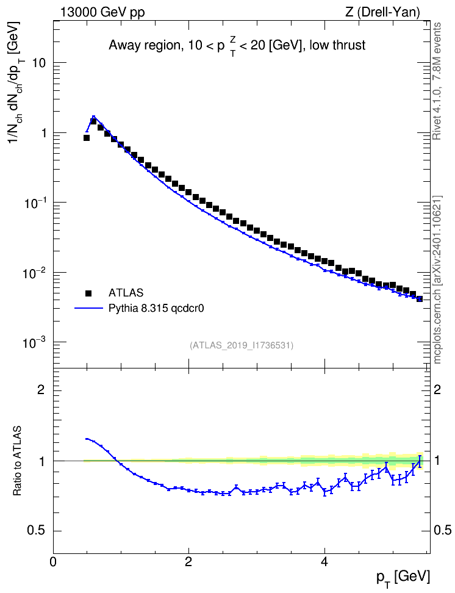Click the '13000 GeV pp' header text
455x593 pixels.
(x=102, y=12)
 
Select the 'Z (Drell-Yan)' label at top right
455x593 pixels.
(x=382, y=12)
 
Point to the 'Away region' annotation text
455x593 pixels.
(x=143, y=45)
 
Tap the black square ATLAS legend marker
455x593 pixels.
(x=88, y=293)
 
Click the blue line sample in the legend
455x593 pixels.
(x=89, y=309)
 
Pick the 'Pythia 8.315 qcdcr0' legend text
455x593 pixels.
(x=156, y=309)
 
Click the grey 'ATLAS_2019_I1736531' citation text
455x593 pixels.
(x=242, y=345)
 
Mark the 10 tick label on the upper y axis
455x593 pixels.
(x=38, y=63)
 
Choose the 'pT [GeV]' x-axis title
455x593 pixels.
(x=403, y=578)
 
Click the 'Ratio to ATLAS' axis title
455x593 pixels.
(x=18, y=461)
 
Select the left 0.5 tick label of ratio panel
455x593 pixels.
(x=37, y=531)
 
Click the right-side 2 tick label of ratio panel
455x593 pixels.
(x=437, y=389)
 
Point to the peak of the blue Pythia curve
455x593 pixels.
(x=93, y=117)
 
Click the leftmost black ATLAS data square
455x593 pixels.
(x=86, y=138)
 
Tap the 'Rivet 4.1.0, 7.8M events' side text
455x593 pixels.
(x=437, y=81)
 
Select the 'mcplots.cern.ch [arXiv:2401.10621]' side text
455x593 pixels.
(x=437, y=280)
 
